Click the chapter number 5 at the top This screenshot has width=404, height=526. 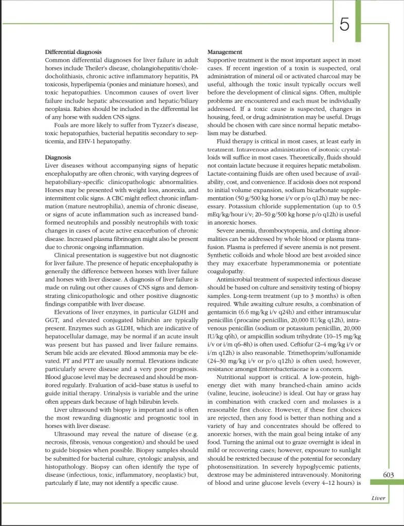345,24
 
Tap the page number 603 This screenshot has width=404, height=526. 389,475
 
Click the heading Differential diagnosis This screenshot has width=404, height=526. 73,52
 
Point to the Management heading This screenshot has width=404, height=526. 224,52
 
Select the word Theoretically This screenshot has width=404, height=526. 287,157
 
